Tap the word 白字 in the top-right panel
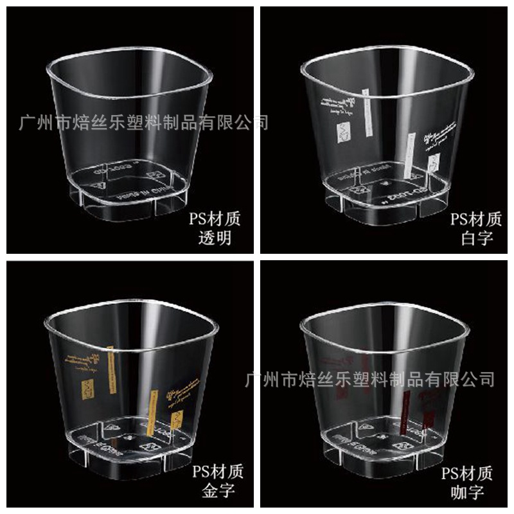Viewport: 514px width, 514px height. click(477, 239)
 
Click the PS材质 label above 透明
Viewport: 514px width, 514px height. click(215, 220)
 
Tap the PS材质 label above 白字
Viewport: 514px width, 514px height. click(476, 220)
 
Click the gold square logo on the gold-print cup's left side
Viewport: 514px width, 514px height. click(86, 389)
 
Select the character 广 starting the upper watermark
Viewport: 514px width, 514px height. click(28, 122)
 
